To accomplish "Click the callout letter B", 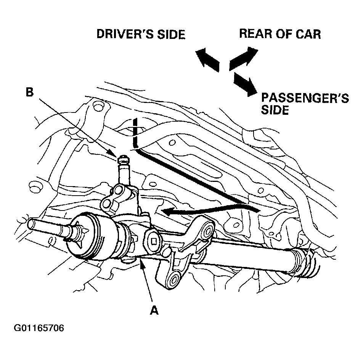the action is point(30,92).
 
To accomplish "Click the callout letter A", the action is point(154,310).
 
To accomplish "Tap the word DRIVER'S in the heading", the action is point(125,34).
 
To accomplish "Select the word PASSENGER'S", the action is point(305,98).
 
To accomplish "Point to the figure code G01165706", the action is point(39,328).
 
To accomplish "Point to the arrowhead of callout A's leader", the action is point(142,265).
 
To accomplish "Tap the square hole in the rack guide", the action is point(153,241).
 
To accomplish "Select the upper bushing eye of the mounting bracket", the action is point(207,231).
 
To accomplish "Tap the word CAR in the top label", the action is point(309,34).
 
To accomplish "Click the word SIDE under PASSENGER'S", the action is point(275,109).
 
